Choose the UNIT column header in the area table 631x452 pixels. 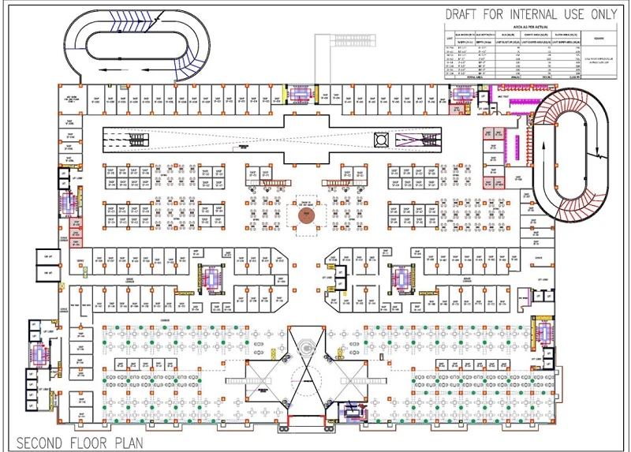pyautogui.click(x=450, y=39)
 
